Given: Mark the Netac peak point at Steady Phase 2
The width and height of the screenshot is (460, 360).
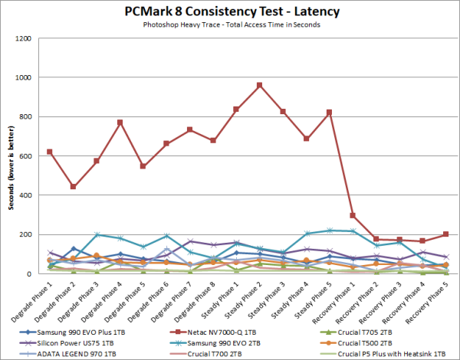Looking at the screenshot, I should click(260, 85).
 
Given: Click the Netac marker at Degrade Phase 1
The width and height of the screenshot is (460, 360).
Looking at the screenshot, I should click(50, 152).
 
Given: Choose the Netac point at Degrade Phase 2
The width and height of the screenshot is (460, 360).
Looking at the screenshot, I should click(74, 187).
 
